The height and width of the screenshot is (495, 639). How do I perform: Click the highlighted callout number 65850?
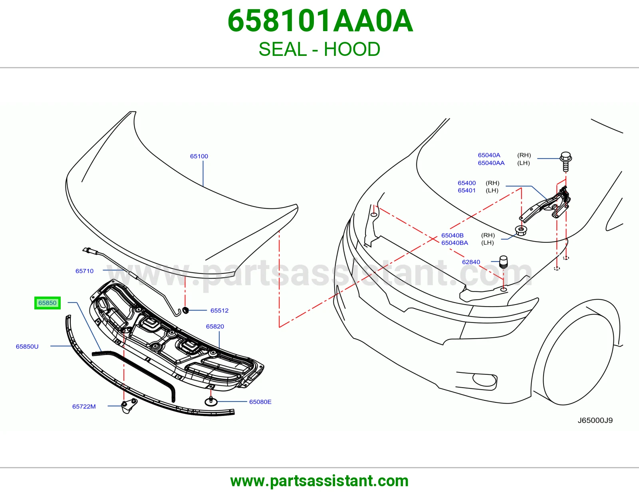pyautogui.click(x=48, y=303)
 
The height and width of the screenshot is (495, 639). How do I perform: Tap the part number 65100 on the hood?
pyautogui.click(x=199, y=156)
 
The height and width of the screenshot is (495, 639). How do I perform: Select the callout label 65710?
pyautogui.click(x=84, y=271)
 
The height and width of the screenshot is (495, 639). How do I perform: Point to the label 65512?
pyautogui.click(x=219, y=311)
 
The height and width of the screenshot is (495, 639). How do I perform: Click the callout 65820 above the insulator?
pyautogui.click(x=215, y=326)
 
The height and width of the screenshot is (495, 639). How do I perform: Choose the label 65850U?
pyautogui.click(x=27, y=346)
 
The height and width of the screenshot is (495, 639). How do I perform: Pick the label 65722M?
pyautogui.click(x=84, y=406)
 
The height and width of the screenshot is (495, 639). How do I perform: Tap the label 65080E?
pyautogui.click(x=260, y=402)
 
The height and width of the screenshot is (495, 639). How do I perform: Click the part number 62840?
pyautogui.click(x=471, y=262)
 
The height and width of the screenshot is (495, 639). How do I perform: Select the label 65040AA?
pyautogui.click(x=491, y=163)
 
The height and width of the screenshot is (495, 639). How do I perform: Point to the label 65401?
pyautogui.click(x=466, y=190)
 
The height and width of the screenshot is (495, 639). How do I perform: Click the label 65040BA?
pyautogui.click(x=454, y=242)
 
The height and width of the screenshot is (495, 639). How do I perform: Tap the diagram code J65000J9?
pyautogui.click(x=595, y=420)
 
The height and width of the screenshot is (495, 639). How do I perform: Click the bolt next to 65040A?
pyautogui.click(x=566, y=161)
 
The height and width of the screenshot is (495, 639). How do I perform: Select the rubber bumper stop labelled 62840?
pyautogui.click(x=504, y=261)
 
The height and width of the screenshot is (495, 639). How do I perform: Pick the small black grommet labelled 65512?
pyautogui.click(x=186, y=310)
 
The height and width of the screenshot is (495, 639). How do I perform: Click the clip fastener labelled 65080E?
pyautogui.click(x=211, y=401)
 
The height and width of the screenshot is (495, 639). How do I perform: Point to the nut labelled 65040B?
pyautogui.click(x=521, y=230)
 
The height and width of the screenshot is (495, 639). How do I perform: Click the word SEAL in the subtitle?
pyautogui.click(x=283, y=49)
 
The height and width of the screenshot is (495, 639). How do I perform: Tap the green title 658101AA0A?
pyautogui.click(x=320, y=21)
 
